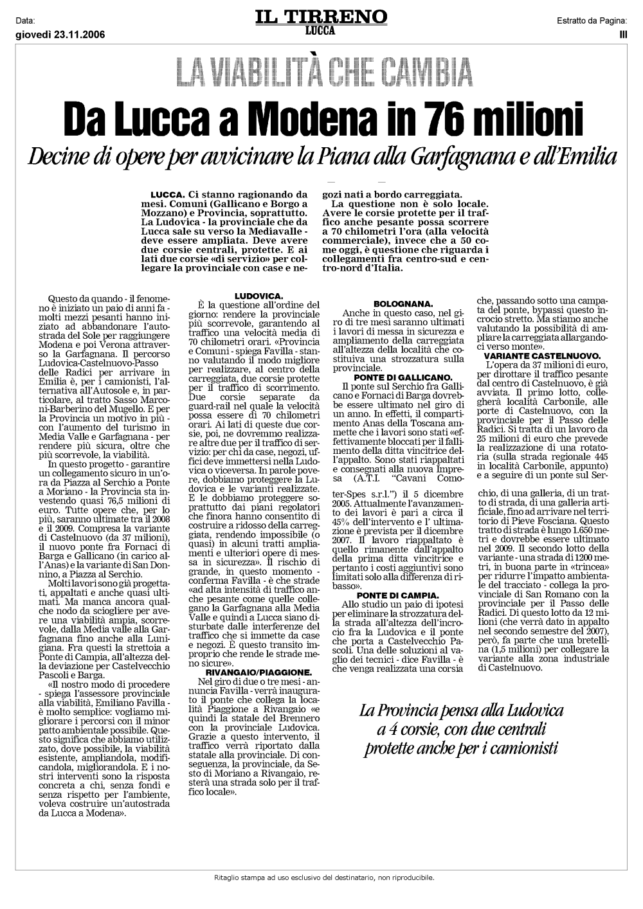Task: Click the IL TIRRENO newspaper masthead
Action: [321, 16]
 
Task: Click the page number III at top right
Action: [622, 35]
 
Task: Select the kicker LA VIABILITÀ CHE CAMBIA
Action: [321, 73]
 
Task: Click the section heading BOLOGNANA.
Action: [403, 303]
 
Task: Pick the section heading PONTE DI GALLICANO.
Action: [403, 377]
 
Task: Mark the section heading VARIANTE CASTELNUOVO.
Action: [542, 355]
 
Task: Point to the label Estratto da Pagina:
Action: [592, 21]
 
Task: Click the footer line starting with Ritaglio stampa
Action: [324, 877]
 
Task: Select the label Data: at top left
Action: [25, 21]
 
